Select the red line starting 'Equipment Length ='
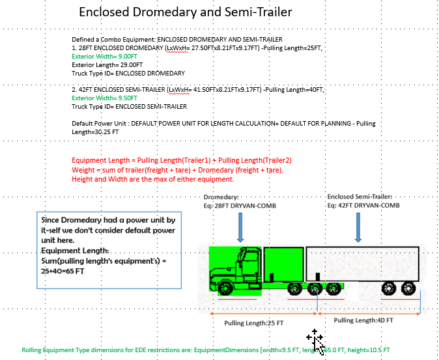181,161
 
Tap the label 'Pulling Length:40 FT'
359,320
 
